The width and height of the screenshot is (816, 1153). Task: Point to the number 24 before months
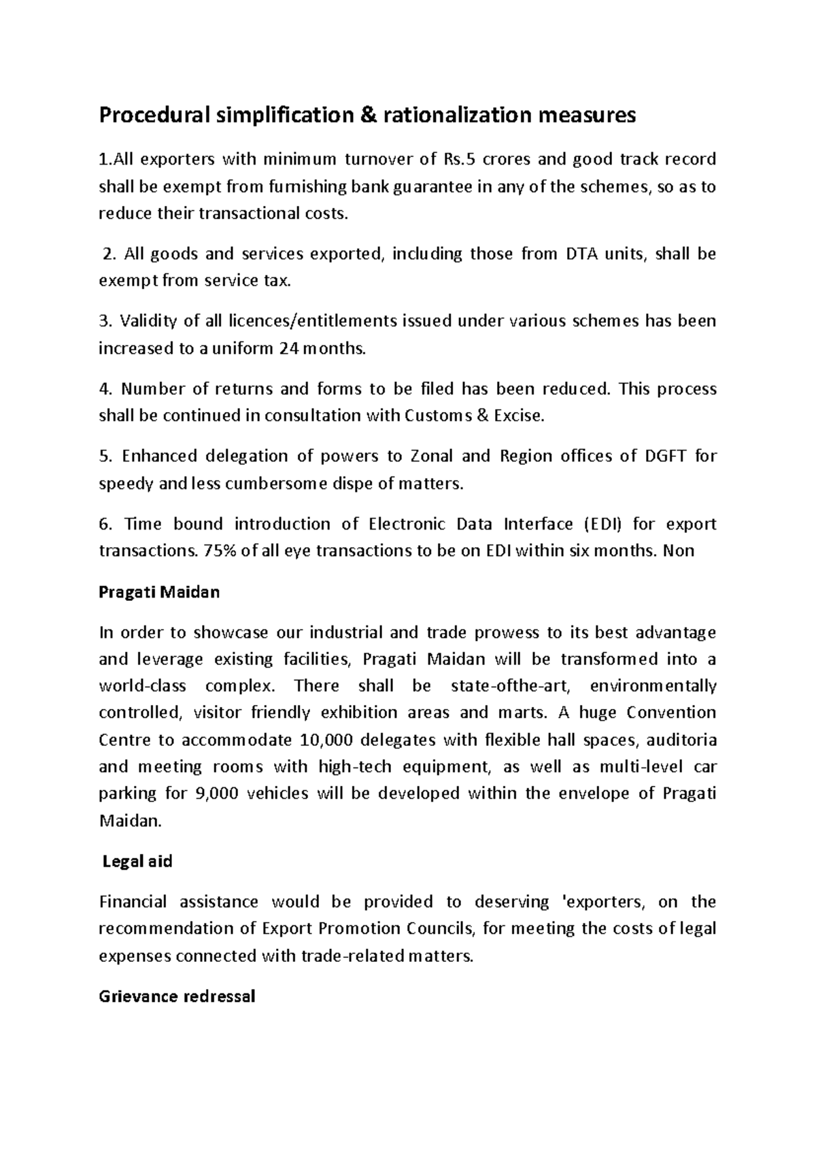(286, 349)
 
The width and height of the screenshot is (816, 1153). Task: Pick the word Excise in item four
(521, 416)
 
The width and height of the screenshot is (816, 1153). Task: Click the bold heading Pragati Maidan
(159, 592)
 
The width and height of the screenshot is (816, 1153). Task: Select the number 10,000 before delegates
(318, 740)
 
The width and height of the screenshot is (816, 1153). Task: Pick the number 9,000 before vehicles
(216, 793)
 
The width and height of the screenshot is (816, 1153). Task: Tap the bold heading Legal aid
(137, 862)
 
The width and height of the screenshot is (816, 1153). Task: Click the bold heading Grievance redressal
(177, 997)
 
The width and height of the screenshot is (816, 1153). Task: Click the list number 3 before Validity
(103, 322)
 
